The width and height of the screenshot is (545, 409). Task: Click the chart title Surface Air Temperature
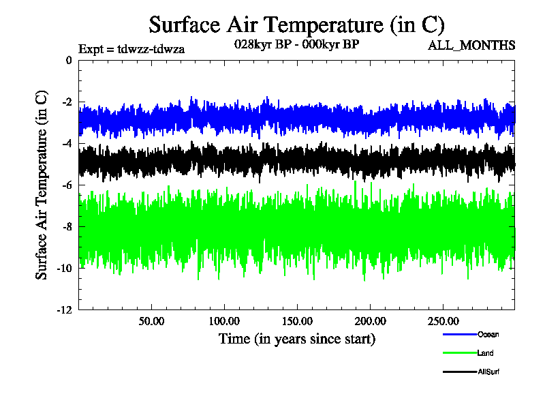pos(296,25)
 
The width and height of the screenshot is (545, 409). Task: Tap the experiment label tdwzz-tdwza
pos(132,48)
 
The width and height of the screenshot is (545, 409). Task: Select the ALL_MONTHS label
pos(471,46)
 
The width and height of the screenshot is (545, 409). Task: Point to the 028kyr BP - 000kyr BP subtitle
pos(296,44)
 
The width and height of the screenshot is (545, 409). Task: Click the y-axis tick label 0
pos(68,60)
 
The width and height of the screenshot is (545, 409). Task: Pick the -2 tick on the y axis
pos(66,102)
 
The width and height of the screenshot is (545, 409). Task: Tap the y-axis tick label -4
pos(66,143)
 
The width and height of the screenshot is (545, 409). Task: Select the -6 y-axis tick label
pos(66,185)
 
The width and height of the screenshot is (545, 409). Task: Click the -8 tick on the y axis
pos(66,226)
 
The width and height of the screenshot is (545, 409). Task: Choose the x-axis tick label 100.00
pos(223,320)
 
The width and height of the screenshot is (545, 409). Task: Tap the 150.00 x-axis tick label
pos(296,320)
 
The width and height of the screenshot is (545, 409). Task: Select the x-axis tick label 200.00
pos(369,320)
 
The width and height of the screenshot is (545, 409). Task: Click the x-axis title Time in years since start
pos(296,338)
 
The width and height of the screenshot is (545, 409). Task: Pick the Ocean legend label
pos(488,334)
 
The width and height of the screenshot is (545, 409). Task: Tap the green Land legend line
pos(458,353)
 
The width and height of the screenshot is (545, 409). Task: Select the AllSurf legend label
pos(489,372)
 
